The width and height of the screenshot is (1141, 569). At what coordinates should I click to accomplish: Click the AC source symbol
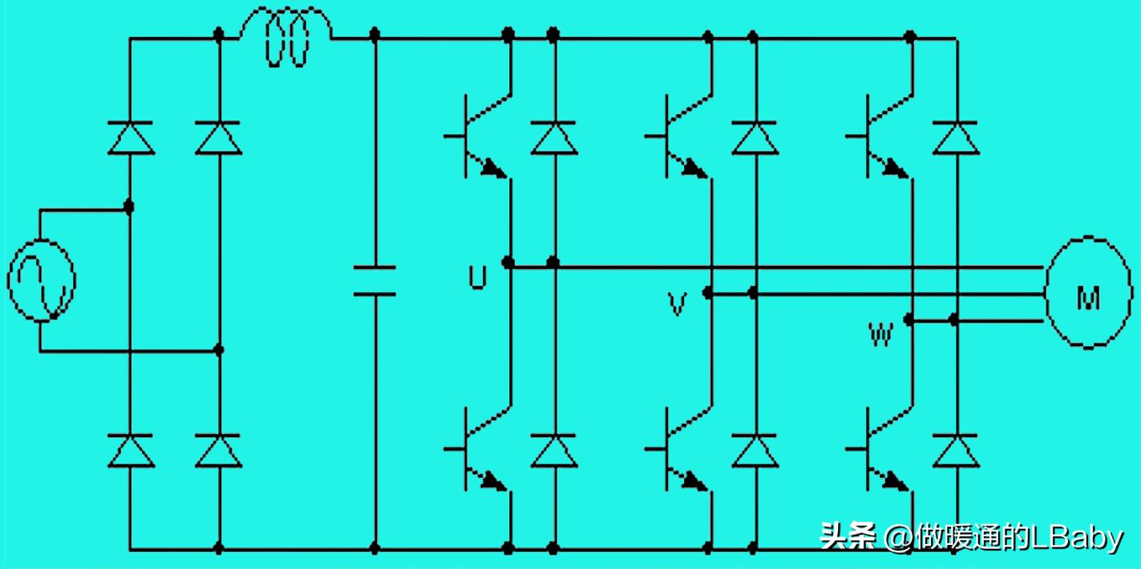tap(42, 280)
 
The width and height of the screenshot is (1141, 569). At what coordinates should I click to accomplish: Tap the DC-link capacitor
tap(374, 280)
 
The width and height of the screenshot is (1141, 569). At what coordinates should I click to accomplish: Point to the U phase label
tap(477, 277)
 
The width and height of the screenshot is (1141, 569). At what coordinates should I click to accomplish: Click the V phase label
tap(678, 304)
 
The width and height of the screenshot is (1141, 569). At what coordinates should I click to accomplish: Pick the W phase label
tap(880, 332)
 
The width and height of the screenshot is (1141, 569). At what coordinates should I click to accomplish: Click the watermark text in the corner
tap(971, 537)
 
